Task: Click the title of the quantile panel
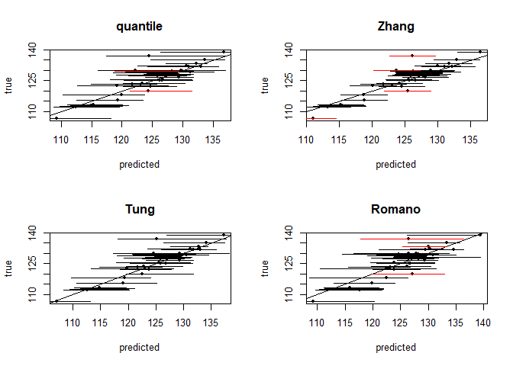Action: click(139, 27)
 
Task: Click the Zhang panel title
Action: click(396, 27)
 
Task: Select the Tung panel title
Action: click(139, 210)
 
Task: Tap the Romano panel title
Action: click(396, 210)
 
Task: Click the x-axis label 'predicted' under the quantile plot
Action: click(139, 164)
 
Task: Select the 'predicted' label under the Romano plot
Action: click(396, 347)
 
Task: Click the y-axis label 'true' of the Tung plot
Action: click(9, 268)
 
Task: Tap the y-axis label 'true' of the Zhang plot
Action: click(266, 85)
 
